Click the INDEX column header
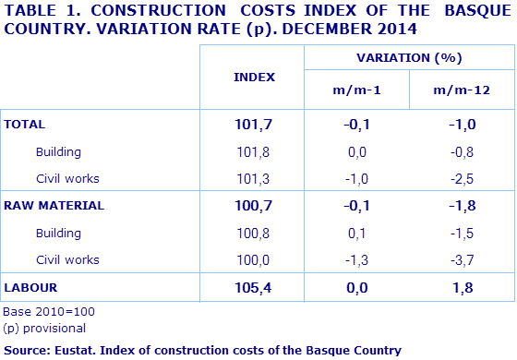255,77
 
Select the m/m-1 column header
356,90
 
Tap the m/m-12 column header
462,90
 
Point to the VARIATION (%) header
408,57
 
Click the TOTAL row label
26,124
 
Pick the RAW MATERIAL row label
54,205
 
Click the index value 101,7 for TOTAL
255,124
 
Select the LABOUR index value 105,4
255,289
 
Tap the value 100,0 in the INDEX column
255,259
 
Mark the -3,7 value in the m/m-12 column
462,259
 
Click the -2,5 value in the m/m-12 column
462,178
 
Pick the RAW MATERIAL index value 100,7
255,205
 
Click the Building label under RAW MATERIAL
58,233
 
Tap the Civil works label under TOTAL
66,178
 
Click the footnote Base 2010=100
49,312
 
